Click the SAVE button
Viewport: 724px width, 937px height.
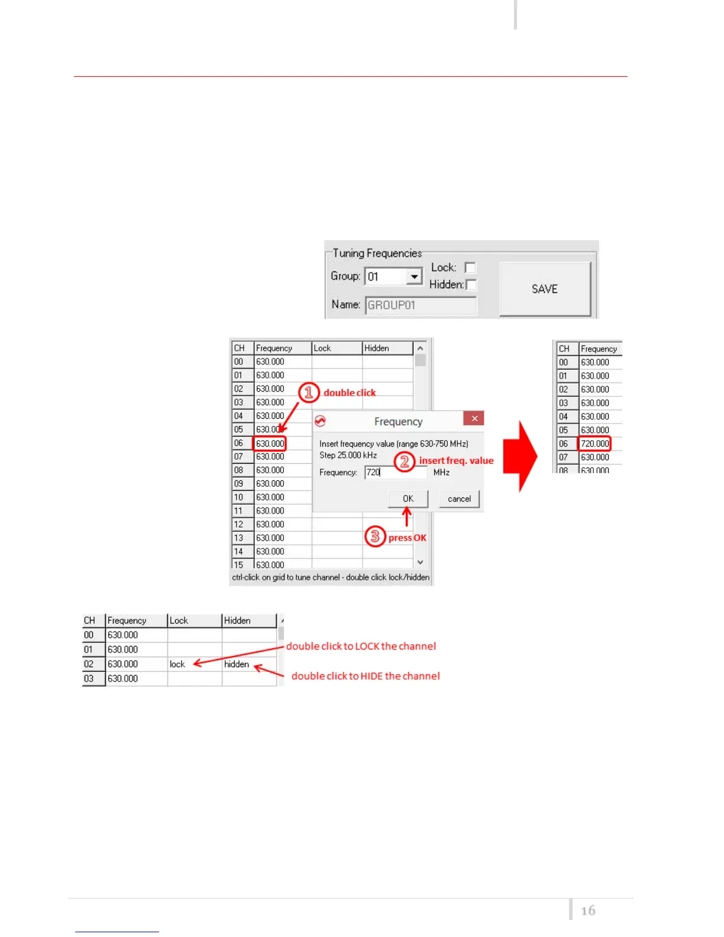click(x=545, y=289)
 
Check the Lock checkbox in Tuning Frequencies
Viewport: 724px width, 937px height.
click(x=470, y=268)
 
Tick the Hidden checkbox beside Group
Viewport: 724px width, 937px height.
click(x=471, y=285)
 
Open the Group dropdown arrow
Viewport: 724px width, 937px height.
click(x=415, y=276)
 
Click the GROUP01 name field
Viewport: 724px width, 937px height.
click(x=421, y=305)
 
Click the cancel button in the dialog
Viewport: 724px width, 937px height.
click(x=459, y=499)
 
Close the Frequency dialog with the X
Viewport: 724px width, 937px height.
click(x=474, y=419)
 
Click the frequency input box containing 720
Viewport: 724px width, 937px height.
click(x=396, y=472)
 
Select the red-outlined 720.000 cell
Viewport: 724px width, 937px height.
click(x=594, y=444)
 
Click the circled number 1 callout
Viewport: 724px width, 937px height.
click(x=309, y=392)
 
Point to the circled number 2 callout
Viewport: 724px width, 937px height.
click(x=405, y=461)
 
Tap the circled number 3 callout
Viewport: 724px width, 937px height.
click(x=375, y=537)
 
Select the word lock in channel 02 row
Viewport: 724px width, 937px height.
click(x=177, y=664)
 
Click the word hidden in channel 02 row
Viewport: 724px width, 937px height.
click(x=237, y=664)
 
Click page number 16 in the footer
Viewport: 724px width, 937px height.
click(x=588, y=910)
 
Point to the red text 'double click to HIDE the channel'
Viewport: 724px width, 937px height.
click(x=366, y=676)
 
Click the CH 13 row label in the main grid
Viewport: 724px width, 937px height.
click(x=239, y=538)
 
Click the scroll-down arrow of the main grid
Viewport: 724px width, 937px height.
click(x=421, y=562)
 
